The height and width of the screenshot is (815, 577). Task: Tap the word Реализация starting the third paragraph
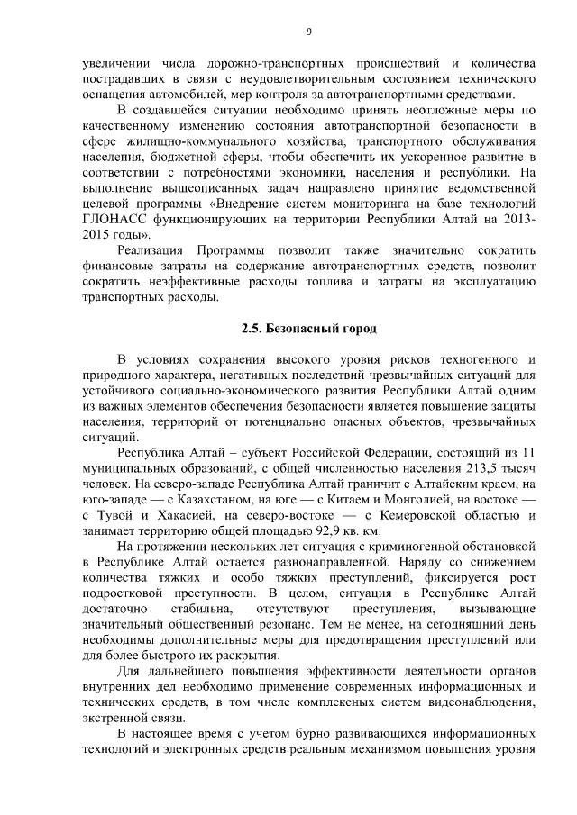(151, 249)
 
